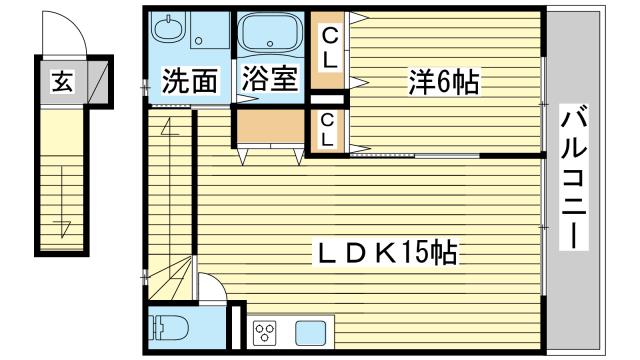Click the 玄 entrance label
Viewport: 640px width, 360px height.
(x=63, y=81)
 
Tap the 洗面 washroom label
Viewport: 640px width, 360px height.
(x=189, y=80)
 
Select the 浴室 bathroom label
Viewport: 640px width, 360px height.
(x=269, y=78)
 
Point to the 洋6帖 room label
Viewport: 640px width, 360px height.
(x=444, y=82)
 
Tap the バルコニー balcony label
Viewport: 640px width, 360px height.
(x=574, y=176)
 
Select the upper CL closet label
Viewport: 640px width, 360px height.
(x=330, y=49)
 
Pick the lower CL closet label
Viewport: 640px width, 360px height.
(x=327, y=131)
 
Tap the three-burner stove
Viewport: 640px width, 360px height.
(x=265, y=332)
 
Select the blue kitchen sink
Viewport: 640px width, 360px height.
(x=311, y=332)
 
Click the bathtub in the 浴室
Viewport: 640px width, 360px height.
(x=269, y=34)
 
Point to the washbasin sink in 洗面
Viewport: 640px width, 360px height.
(x=168, y=27)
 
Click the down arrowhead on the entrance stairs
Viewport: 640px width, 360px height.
(x=62, y=228)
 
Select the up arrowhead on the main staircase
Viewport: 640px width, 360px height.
(x=169, y=127)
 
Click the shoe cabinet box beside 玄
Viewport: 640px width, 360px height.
(x=98, y=82)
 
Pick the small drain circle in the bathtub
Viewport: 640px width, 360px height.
(x=269, y=43)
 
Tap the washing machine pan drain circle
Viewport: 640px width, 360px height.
(x=198, y=41)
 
